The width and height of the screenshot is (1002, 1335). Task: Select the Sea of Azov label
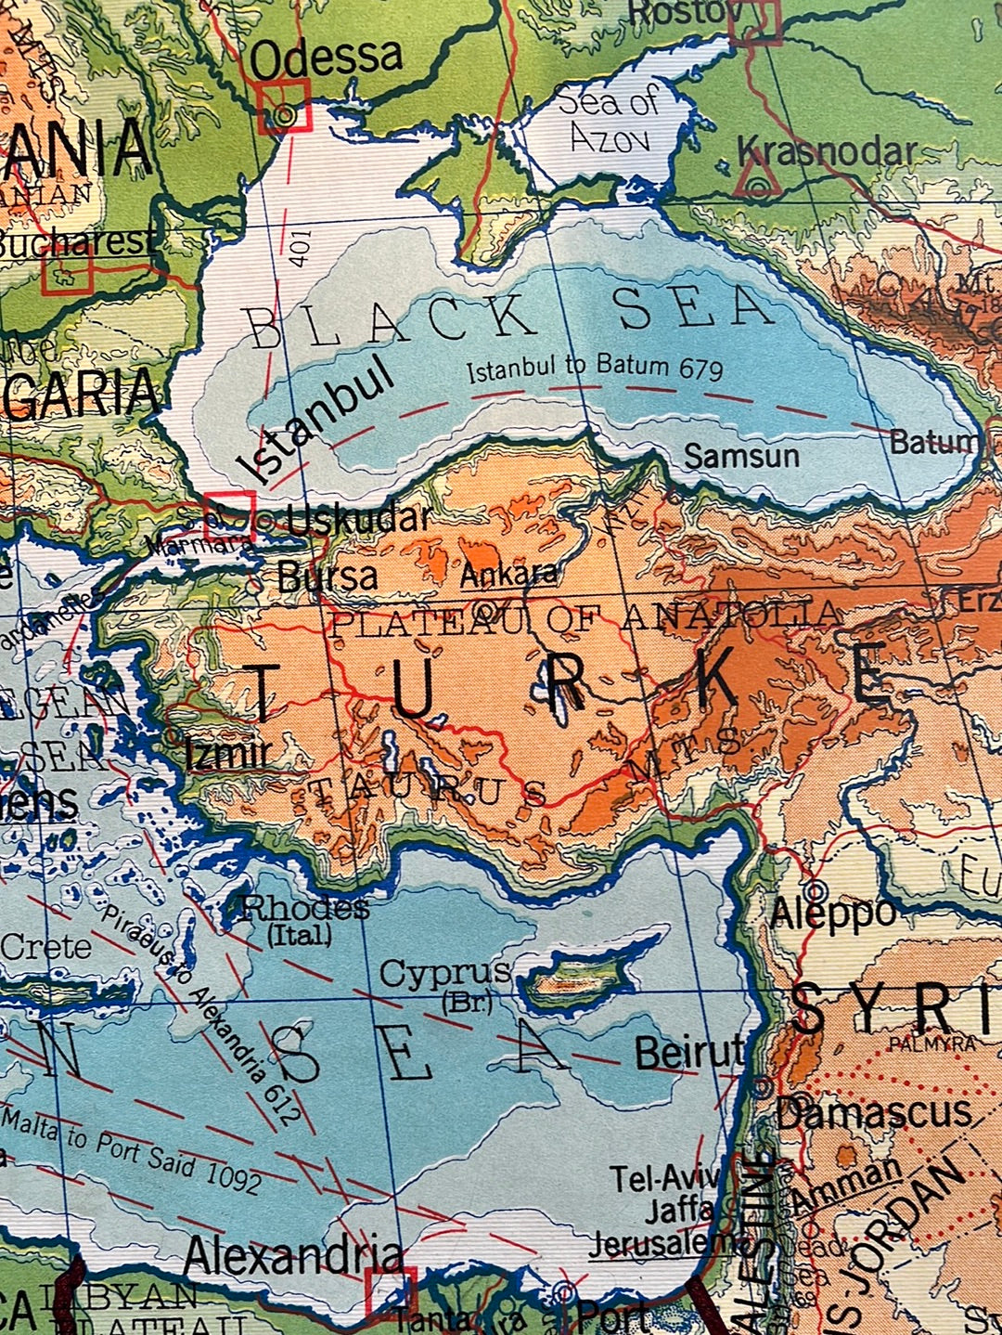tap(610, 120)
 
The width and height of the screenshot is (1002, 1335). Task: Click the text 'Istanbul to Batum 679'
tap(594, 369)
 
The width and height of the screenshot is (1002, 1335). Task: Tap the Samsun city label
tap(741, 456)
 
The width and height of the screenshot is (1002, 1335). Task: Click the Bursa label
tap(328, 577)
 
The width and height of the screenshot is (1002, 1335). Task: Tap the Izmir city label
tap(227, 752)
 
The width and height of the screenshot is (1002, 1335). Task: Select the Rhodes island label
tap(304, 907)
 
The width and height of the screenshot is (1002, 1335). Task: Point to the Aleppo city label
tap(832, 914)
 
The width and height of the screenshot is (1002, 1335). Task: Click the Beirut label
tap(689, 1053)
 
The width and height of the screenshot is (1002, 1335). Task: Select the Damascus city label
tap(873, 1111)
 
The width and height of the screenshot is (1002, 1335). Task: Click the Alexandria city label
tap(293, 1256)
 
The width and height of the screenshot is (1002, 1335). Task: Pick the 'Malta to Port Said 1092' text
tap(130, 1148)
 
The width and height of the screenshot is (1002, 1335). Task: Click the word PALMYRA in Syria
tap(931, 1043)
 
